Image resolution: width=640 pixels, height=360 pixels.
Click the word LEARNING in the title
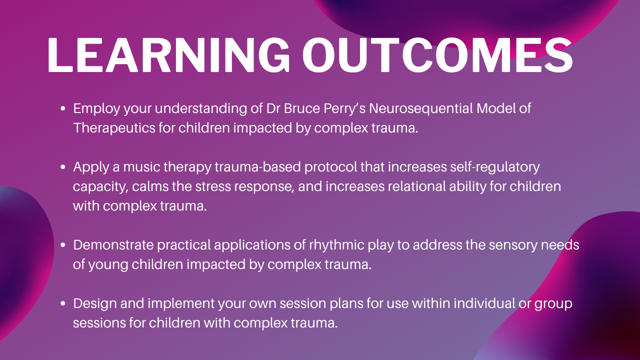point(168,55)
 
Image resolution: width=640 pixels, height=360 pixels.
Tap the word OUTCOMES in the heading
point(437,55)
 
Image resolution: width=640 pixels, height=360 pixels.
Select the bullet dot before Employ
point(63,108)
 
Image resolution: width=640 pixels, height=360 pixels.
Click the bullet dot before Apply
point(63,167)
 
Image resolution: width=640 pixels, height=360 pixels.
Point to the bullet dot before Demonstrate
point(63,245)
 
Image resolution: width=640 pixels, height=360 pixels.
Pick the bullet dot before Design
point(63,303)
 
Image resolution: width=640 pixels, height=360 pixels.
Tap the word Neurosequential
point(421,109)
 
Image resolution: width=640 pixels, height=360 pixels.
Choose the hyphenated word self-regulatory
point(495,167)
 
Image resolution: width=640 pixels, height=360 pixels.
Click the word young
point(108,265)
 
